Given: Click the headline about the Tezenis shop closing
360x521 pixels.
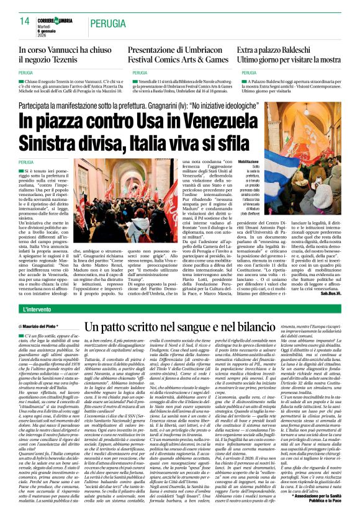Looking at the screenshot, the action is point(62,54).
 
